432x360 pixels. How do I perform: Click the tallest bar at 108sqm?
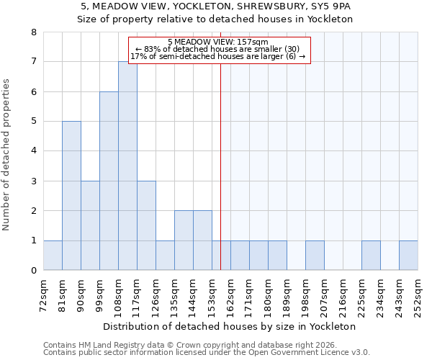tap(127, 166)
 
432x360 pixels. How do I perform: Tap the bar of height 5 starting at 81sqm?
tap(71, 196)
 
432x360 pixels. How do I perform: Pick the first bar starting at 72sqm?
tap(53, 256)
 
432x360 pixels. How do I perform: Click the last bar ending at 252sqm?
tap(408, 256)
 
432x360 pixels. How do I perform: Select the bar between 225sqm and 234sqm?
tap(371, 256)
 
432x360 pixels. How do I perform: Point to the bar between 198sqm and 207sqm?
tap(315, 256)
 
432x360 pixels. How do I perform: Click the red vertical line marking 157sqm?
tap(220, 166)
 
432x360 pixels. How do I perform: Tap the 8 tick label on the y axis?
tap(33, 32)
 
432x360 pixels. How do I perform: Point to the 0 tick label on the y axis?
tap(33, 271)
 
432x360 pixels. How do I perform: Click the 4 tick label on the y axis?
tap(33, 151)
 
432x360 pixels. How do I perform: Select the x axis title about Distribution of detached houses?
tap(230, 326)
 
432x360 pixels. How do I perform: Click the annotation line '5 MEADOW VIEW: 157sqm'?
tap(217, 42)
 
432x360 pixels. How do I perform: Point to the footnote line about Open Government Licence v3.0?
tap(207, 353)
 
